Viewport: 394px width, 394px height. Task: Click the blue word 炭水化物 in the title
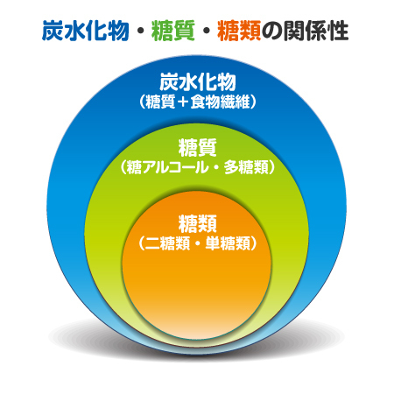pos(85,31)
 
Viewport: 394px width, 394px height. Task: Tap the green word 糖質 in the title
pos(173,31)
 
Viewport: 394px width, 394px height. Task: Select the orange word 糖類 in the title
pos(239,31)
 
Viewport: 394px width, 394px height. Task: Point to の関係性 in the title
pos(305,31)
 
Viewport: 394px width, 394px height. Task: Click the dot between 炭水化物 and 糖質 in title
pos(140,31)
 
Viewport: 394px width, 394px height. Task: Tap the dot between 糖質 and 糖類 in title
pos(206,31)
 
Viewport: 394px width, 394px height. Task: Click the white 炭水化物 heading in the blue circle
pos(198,82)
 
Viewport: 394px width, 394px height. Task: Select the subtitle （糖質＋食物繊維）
pos(198,102)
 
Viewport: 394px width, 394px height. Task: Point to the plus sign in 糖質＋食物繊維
pos(183,102)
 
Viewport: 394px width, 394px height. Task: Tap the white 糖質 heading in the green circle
pos(198,147)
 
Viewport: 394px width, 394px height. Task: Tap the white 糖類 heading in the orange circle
pos(198,223)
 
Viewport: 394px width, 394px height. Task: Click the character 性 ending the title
pos(338,31)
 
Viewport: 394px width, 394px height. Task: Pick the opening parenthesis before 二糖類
pos(142,243)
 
